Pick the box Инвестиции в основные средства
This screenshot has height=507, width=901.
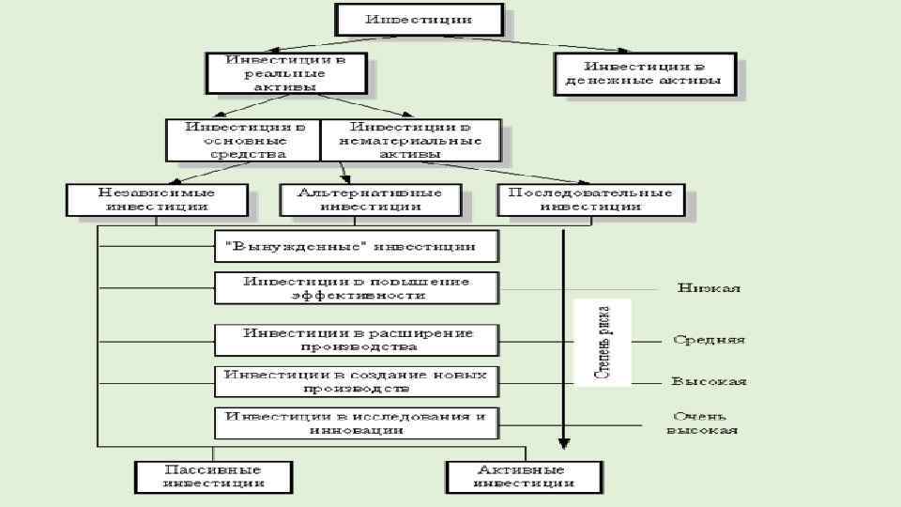tap(243, 139)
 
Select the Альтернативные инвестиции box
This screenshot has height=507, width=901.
tap(374, 199)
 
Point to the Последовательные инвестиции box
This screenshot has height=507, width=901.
tap(590, 199)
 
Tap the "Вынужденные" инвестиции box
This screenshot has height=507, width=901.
tap(357, 247)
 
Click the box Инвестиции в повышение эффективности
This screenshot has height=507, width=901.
tap(357, 287)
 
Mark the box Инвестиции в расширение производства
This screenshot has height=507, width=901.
tap(357, 339)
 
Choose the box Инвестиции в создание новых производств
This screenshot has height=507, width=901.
tap(357, 380)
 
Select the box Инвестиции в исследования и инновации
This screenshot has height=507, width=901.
tap(357, 422)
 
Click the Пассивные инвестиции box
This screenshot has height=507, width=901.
tap(213, 476)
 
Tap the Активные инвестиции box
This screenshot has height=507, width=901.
tap(522, 476)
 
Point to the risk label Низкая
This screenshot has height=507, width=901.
tap(710, 288)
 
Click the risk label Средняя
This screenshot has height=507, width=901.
tap(710, 339)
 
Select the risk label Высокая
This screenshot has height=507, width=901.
tap(710, 381)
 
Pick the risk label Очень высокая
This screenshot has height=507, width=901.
tap(702, 422)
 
